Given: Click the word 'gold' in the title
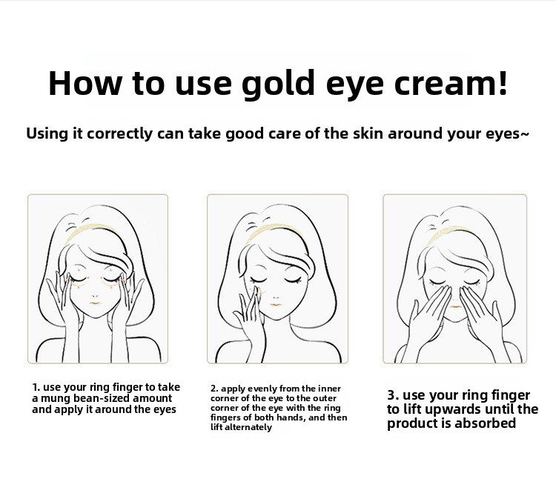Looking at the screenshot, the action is pos(278,84).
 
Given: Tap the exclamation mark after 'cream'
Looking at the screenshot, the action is pos(502,82).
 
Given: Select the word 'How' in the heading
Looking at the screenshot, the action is pos(85,83).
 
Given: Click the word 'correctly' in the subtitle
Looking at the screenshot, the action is pos(119,134).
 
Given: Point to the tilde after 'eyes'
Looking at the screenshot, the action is pos(524,133).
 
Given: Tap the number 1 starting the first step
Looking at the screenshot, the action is pos(35,387).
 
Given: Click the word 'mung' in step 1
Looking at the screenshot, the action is pos(56,399).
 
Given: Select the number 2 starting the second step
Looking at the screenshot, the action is pos(213,389).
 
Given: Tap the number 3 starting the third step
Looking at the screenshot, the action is pos(391,395).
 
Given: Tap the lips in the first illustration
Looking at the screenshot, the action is pos(95,303).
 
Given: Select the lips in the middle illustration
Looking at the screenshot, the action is pos(276,304).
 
